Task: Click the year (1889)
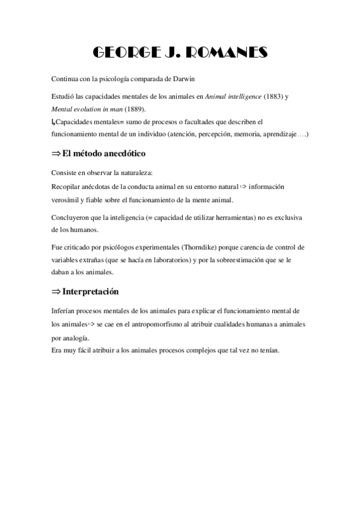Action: coord(133,108)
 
